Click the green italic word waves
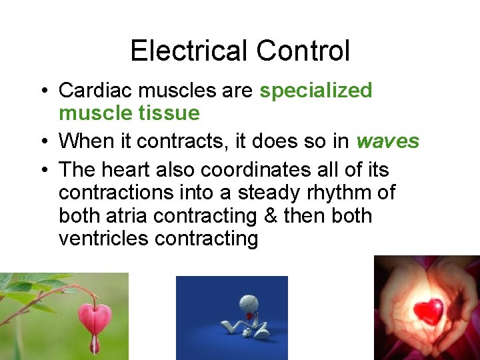point(387,141)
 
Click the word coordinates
point(265,169)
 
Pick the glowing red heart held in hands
point(428,311)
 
